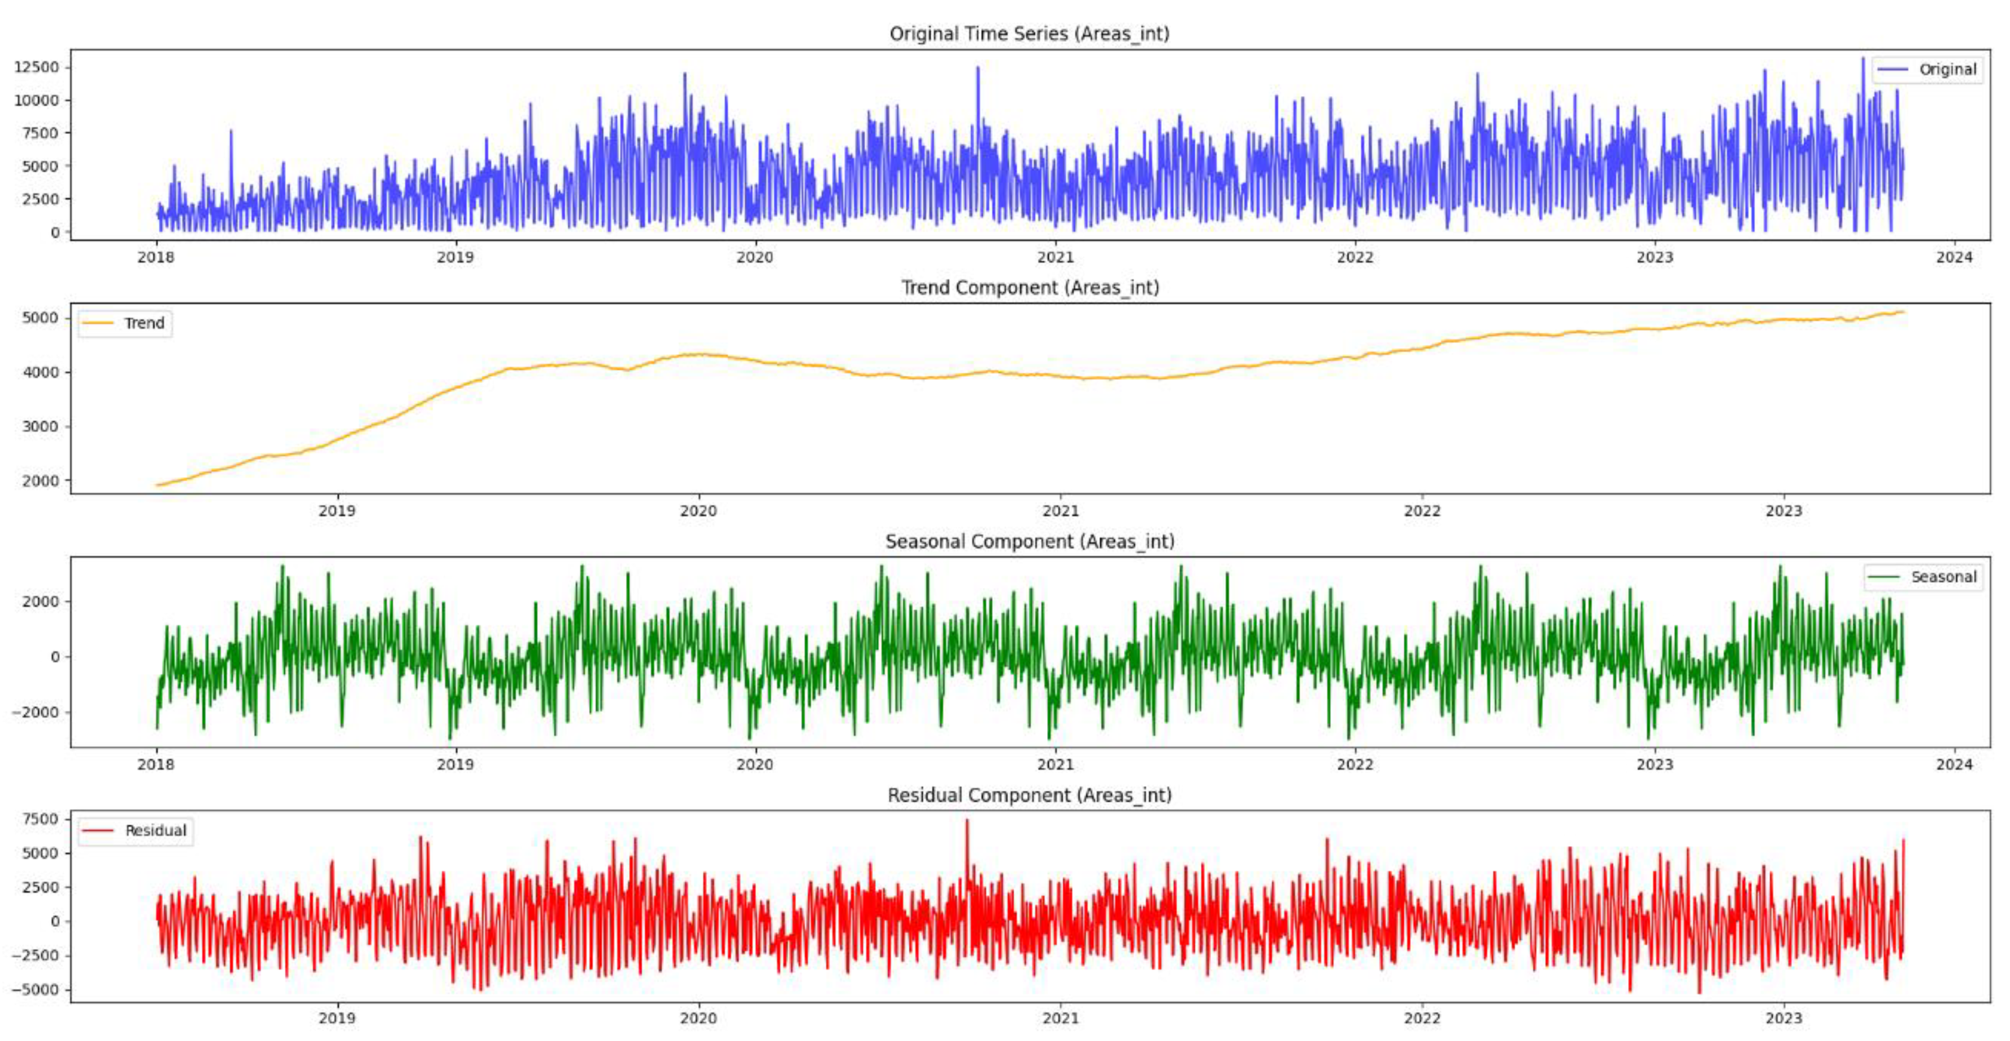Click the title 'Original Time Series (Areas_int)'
coord(1029,33)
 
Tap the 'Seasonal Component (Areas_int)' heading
coord(1029,541)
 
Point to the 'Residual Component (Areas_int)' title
coord(1029,795)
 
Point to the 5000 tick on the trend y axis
coord(41,318)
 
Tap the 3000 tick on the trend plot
coord(41,427)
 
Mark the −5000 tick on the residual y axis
coord(34,990)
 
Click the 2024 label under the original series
coord(1954,257)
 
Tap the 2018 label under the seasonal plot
coord(156,764)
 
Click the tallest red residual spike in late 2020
coord(967,822)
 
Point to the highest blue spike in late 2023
coord(1863,59)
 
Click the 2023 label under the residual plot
coord(1784,1018)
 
